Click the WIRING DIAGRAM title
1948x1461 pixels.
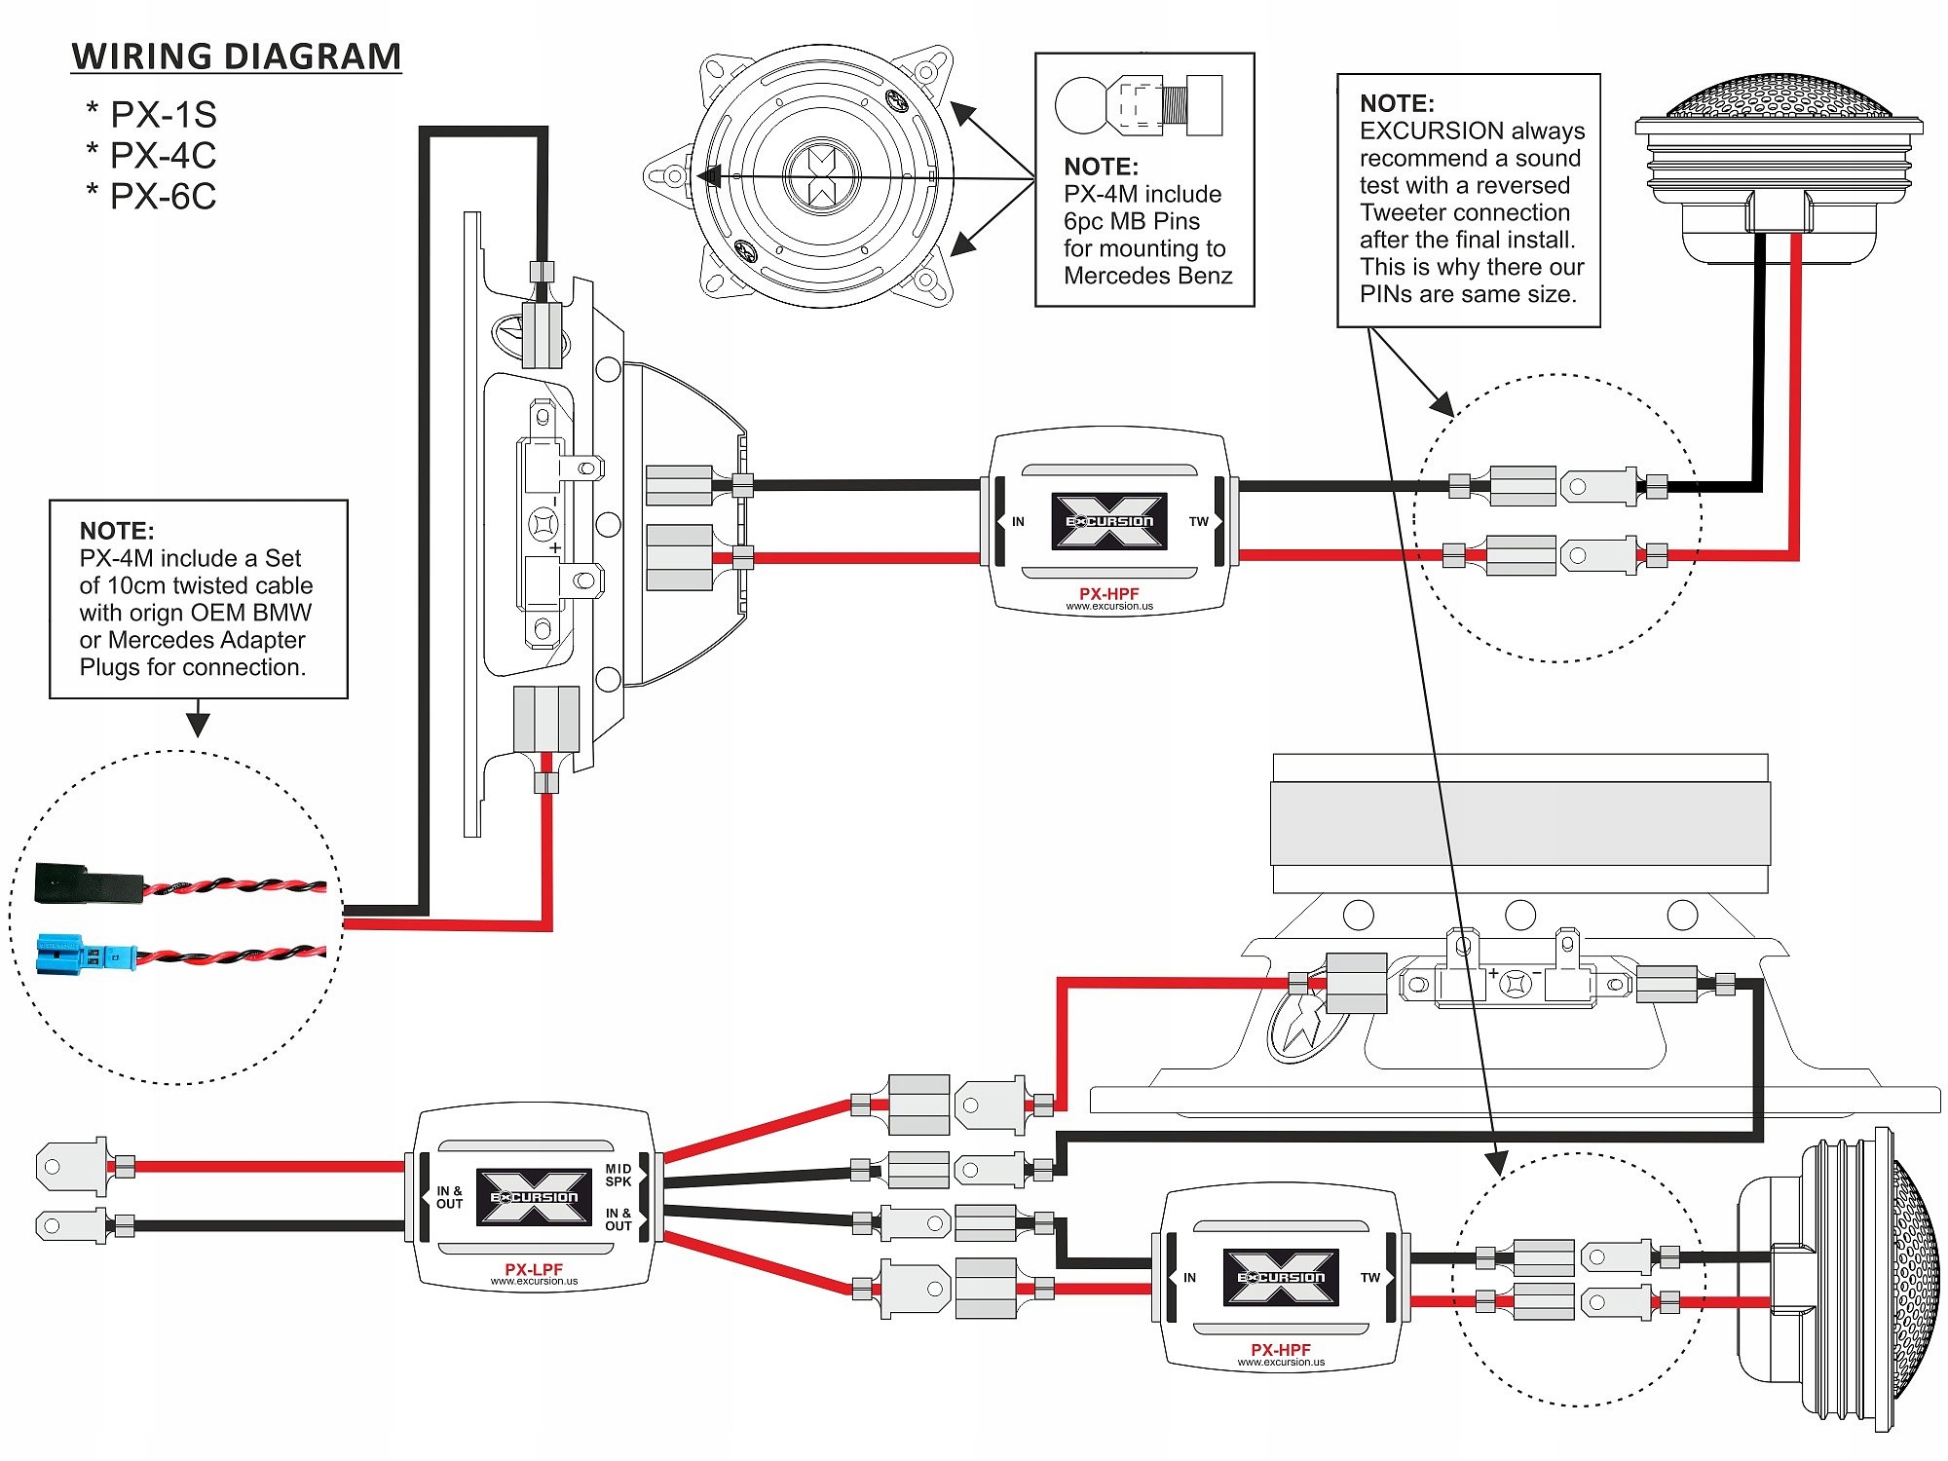pos(236,56)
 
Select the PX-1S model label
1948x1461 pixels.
pos(163,115)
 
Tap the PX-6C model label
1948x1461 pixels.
pos(163,197)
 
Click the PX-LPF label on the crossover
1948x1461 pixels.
pos(534,1269)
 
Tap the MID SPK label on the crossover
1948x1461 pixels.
pos(618,1175)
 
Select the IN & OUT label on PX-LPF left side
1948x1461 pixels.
pos(449,1197)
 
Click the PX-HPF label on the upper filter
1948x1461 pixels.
pos(1108,593)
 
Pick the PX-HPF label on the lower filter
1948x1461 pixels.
pos(1281,1350)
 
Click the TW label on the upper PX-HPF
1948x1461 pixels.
pos(1198,522)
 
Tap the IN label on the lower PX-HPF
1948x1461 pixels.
pos(1189,1278)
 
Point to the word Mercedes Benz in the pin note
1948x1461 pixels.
pos(1147,277)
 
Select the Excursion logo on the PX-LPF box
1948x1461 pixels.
pos(534,1197)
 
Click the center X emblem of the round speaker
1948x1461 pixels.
pos(822,176)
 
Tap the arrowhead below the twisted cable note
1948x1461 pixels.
pos(198,724)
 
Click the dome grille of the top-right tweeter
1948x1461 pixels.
pos(1779,97)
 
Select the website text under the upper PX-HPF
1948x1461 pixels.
pos(1109,606)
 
